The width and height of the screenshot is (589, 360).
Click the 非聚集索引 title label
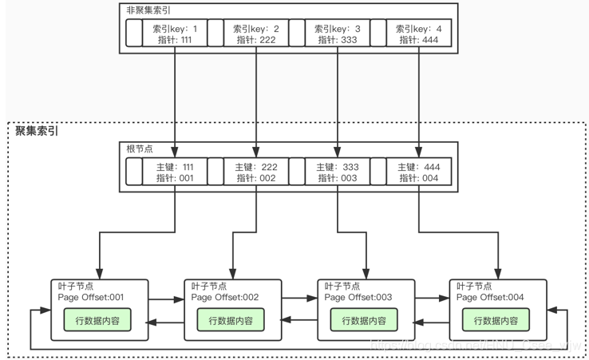click(148, 10)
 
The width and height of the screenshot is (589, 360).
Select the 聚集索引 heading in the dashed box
click(37, 131)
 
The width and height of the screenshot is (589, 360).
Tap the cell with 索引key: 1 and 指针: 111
click(174, 34)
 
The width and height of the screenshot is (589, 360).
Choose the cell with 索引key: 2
click(256, 34)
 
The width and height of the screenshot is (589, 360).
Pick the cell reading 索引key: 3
click(338, 34)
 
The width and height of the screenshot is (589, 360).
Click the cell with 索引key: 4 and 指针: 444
click(419, 34)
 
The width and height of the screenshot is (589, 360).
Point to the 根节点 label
click(141, 149)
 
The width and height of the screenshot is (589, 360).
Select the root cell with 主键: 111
click(174, 172)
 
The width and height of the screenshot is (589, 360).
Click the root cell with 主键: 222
click(256, 172)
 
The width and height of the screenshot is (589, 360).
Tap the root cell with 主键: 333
click(338, 172)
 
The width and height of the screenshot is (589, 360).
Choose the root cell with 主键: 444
click(419, 172)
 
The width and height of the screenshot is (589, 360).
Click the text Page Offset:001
click(92, 298)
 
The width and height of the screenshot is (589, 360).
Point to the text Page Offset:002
click(225, 298)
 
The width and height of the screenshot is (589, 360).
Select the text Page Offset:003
click(358, 298)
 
